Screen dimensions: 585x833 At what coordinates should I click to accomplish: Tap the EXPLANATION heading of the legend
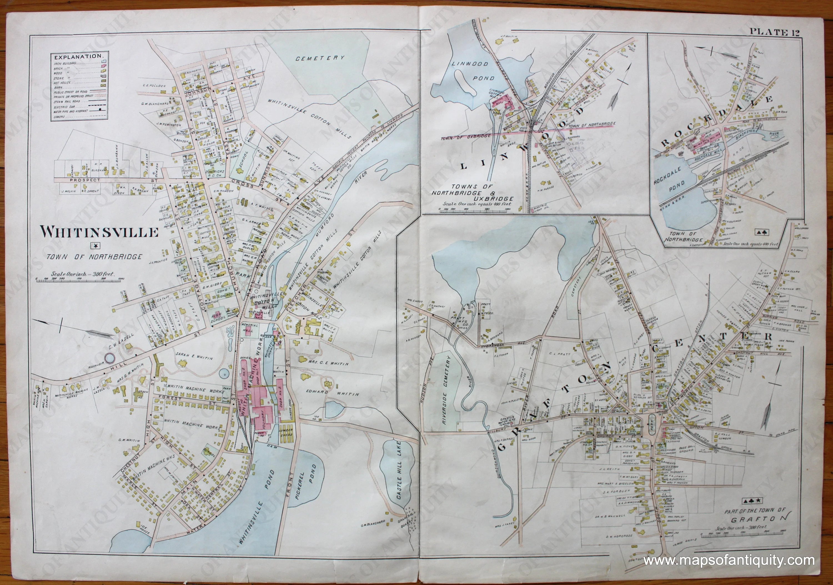pos(78,57)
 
